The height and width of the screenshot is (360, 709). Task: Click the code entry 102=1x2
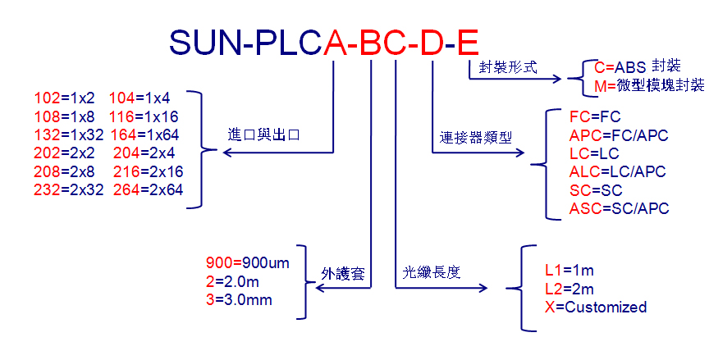[65, 98]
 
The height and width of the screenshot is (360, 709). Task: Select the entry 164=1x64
[144, 135]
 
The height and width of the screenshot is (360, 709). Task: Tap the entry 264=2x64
[149, 189]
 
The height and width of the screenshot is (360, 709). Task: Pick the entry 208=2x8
[65, 171]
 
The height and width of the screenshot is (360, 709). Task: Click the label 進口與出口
[263, 134]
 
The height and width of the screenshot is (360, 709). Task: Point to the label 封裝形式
[508, 67]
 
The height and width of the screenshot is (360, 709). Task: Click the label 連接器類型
[476, 137]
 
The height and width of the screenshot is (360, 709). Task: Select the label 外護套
[343, 273]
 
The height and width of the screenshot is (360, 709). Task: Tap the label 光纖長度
[432, 271]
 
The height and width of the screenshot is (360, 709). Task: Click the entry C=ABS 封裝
[638, 66]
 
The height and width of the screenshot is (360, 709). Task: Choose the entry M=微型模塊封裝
[649, 85]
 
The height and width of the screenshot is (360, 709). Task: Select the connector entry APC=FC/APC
[619, 135]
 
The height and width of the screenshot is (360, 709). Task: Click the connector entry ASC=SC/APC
[619, 208]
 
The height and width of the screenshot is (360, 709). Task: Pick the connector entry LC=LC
[594, 153]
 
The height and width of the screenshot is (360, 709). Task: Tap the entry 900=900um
[247, 262]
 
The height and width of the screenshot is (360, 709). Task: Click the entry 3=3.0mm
[239, 299]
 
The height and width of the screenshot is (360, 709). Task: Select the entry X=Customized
[596, 308]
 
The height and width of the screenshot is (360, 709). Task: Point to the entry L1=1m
[569, 270]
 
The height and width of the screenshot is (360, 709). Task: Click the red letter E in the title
[468, 43]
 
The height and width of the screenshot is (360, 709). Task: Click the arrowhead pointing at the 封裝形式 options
[557, 79]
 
